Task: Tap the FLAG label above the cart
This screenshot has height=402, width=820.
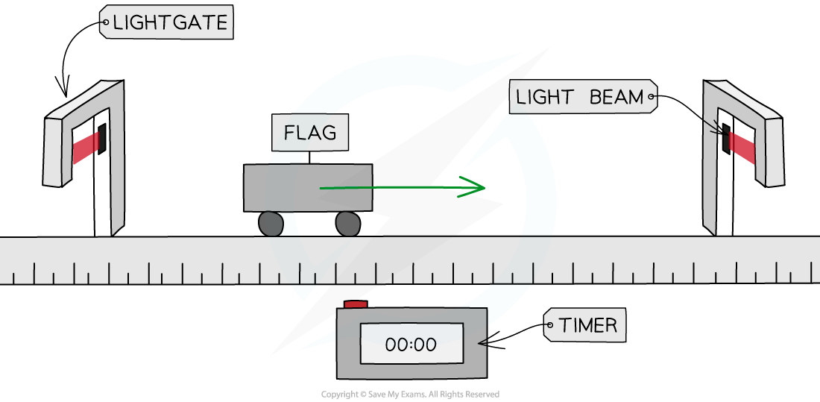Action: (310, 134)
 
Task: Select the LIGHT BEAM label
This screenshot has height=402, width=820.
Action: (580, 97)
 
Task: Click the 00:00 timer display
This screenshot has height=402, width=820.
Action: (411, 344)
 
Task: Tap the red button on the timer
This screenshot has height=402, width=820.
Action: (356, 304)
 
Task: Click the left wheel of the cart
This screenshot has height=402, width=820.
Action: (271, 224)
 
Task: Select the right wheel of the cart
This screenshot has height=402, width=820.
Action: (347, 223)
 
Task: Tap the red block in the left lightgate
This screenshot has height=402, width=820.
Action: (86, 145)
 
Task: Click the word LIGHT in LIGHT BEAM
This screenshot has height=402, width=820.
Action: (545, 97)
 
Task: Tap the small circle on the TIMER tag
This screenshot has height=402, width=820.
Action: (551, 325)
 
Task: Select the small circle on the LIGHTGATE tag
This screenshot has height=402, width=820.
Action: (105, 23)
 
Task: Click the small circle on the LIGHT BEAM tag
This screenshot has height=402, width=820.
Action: (651, 96)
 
